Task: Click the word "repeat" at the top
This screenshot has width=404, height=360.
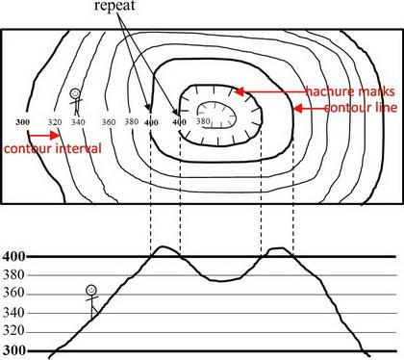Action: pos(114,6)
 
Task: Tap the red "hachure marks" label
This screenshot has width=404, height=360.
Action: pos(350,91)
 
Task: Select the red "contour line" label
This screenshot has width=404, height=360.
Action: pos(361,108)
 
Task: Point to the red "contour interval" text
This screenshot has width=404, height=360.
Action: pos(53,149)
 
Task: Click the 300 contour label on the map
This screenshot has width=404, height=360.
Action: pos(23,122)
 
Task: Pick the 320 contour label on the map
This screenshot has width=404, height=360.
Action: pos(55,122)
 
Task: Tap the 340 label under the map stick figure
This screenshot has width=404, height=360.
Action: pos(78,122)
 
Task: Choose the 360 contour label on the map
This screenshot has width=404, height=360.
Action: pos(109,122)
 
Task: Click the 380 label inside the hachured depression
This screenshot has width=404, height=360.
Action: pos(203,121)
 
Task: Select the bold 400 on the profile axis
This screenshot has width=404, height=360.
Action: pos(13,256)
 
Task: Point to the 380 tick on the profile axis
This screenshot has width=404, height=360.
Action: pos(13,275)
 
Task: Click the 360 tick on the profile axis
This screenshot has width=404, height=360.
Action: pos(13,294)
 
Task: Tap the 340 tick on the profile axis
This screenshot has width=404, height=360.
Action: pos(13,313)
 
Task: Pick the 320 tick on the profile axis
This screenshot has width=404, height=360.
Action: pos(13,330)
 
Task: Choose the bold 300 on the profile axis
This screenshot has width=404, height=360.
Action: pos(13,350)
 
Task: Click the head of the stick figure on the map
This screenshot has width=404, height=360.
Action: pos(75,93)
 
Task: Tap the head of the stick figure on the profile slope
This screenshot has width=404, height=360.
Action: pos(91,291)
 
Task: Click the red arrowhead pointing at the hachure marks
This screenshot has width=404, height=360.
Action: pos(239,91)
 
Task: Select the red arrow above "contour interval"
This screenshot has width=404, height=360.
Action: pos(44,136)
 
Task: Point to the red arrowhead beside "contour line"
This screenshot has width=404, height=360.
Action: pos(298,109)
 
